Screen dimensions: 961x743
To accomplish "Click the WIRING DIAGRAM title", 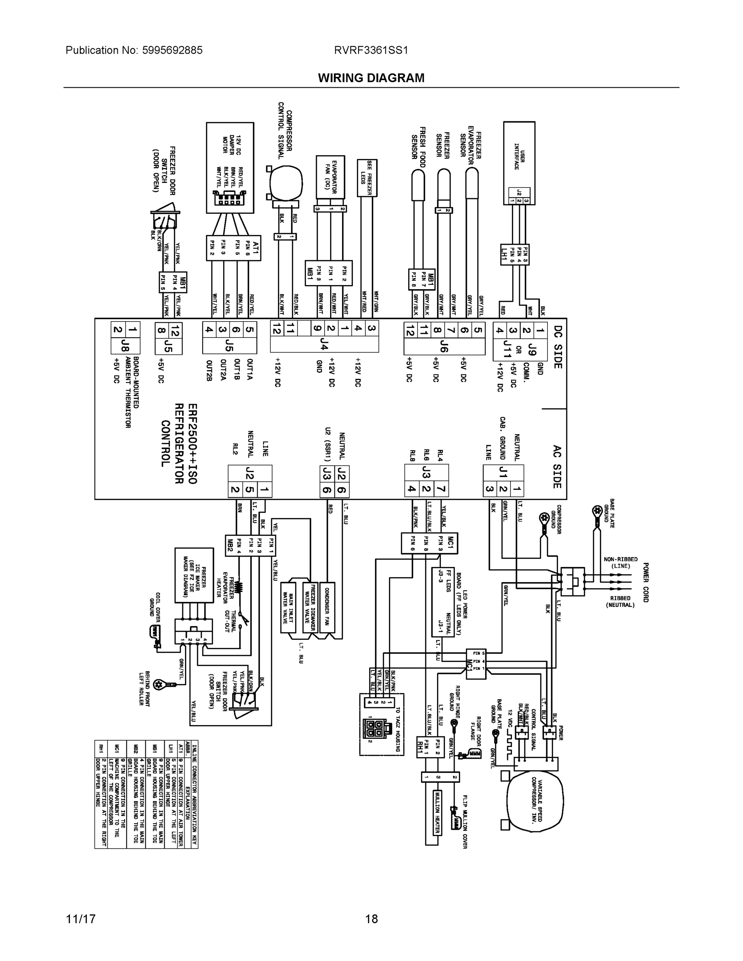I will click(371, 78).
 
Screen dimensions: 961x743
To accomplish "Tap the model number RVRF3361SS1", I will click(371, 50).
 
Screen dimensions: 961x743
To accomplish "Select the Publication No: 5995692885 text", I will click(134, 50).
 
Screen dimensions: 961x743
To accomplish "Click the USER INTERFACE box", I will click(519, 163).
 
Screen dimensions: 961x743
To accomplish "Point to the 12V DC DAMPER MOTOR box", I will click(230, 168).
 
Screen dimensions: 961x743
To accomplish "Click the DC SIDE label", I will click(557, 347).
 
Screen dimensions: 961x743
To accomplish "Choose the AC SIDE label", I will click(557, 467).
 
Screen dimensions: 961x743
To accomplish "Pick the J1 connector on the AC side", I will click(503, 473).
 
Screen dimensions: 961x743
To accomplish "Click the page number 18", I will click(371, 919).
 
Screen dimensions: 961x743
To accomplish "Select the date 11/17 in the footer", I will click(81, 919).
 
